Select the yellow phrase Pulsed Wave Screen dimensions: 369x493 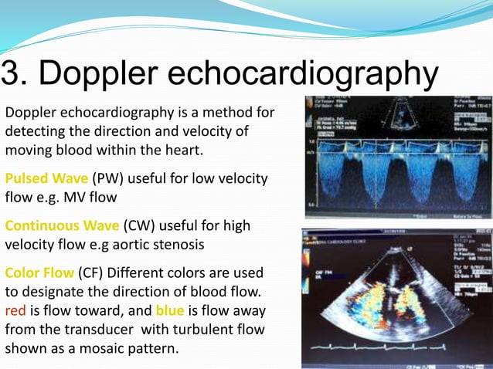(x=46, y=179)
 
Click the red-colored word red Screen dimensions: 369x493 (x=15, y=310)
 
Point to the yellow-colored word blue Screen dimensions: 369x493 (x=170, y=310)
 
